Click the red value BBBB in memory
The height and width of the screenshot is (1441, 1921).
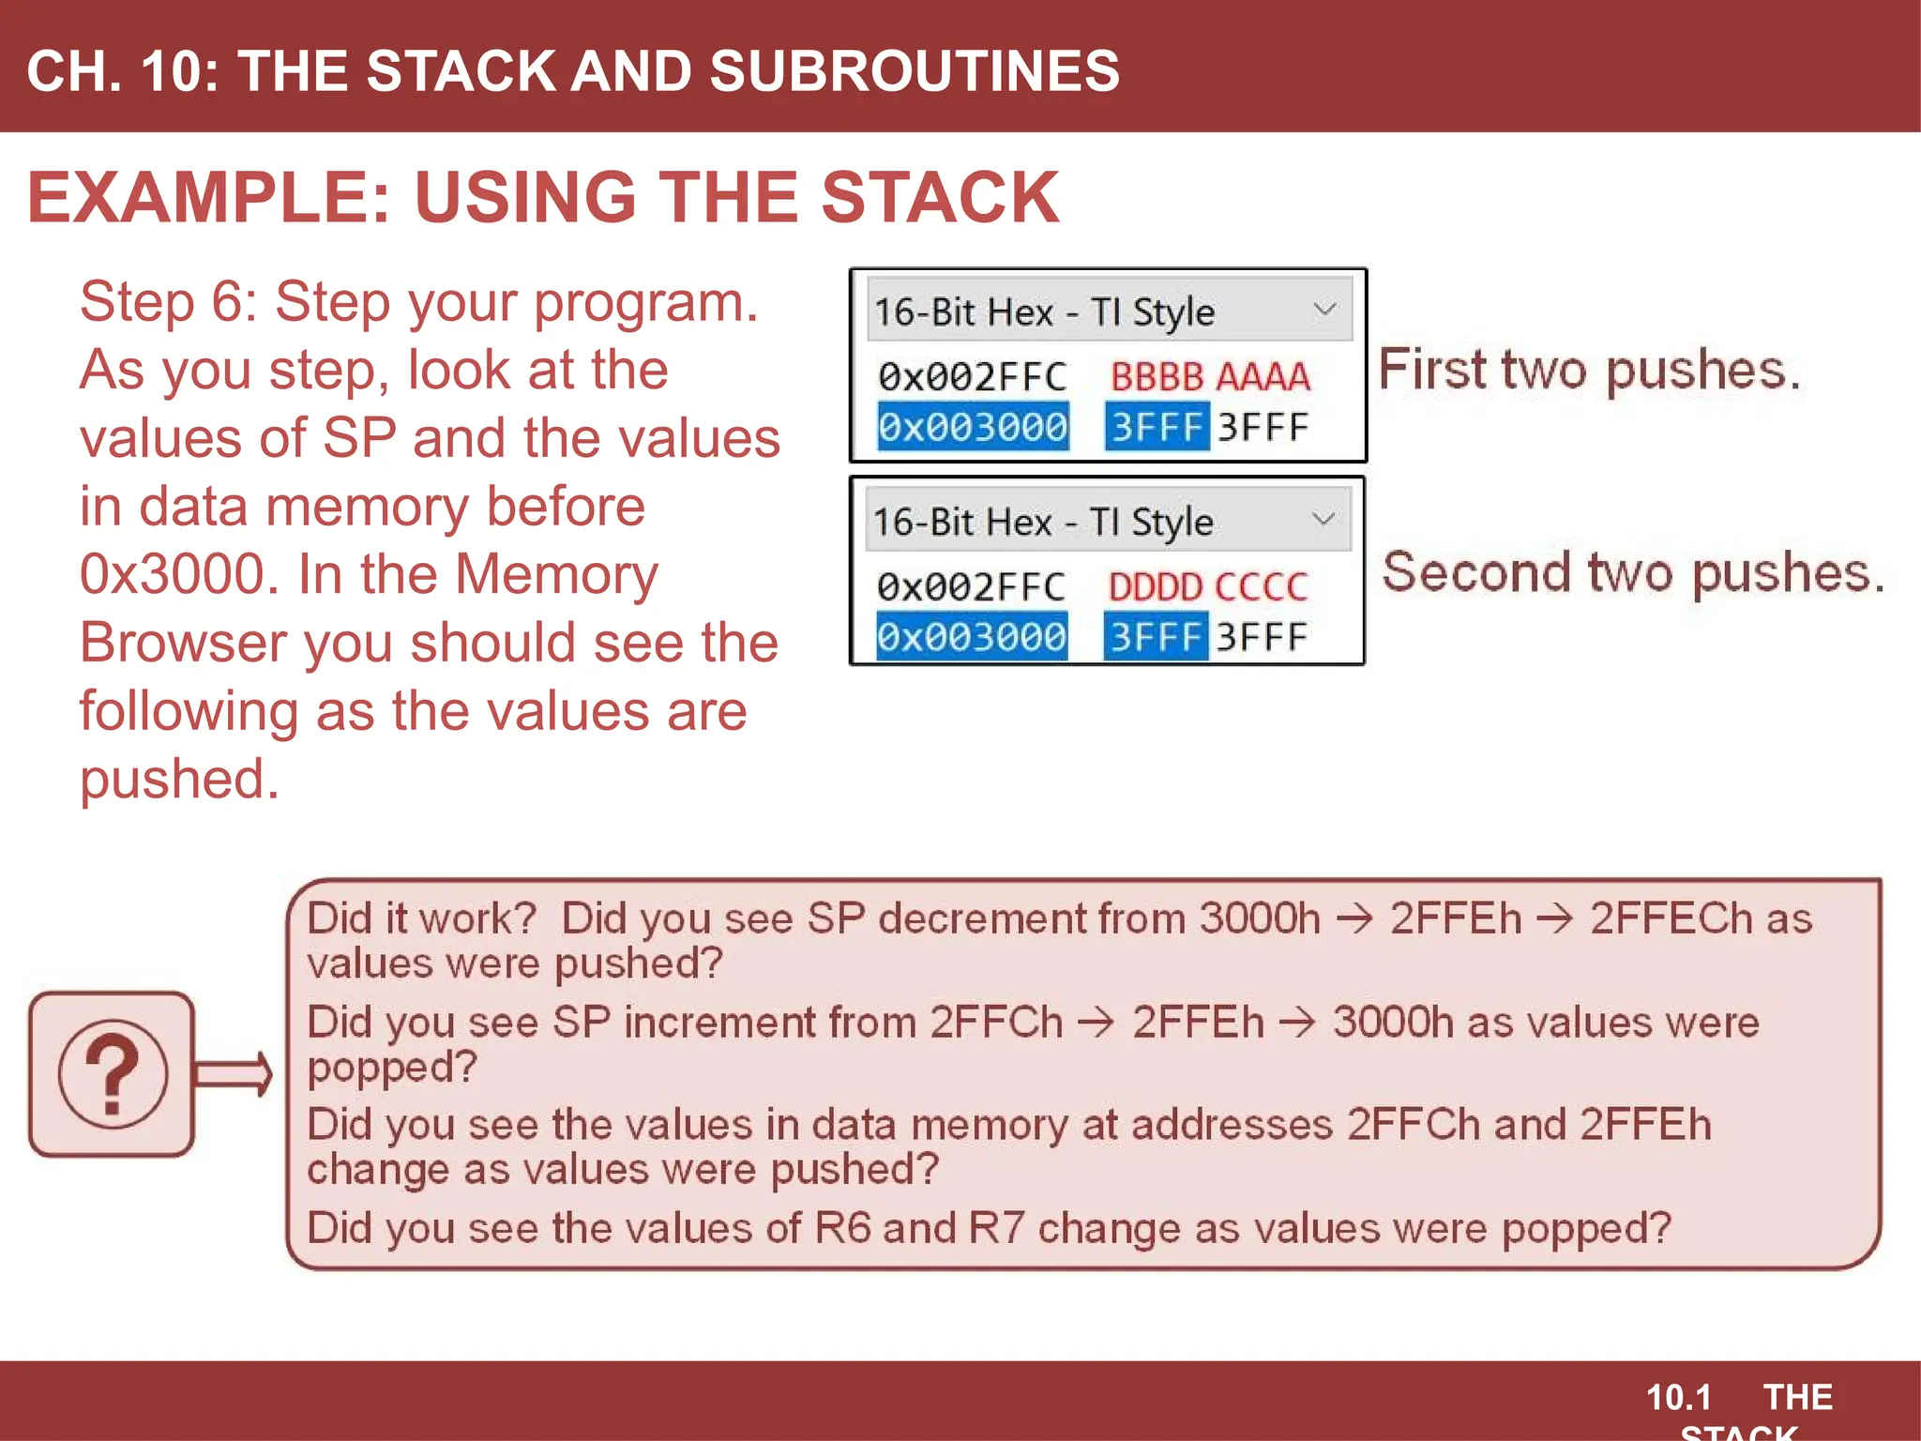tap(1157, 377)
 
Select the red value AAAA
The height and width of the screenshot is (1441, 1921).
tap(1263, 377)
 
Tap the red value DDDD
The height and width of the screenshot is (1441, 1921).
tap(1155, 587)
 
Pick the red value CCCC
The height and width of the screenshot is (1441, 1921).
tap(1261, 587)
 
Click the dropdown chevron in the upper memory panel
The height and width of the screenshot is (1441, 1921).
tap(1324, 310)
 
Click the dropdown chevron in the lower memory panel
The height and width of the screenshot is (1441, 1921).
tap(1323, 520)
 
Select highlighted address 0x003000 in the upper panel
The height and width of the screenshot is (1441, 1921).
tap(973, 428)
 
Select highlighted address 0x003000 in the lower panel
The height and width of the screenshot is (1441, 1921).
tap(972, 638)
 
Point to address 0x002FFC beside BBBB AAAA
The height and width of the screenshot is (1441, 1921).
tap(973, 377)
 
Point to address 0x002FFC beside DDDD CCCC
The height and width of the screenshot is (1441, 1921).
tap(971, 587)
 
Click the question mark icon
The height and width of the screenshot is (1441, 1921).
tap(113, 1074)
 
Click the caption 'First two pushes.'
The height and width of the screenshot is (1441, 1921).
tap(1589, 370)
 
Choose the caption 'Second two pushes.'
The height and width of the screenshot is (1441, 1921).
tap(1633, 572)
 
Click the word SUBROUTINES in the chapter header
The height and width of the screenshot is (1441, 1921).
tap(915, 71)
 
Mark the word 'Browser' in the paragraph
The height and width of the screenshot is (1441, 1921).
tap(185, 643)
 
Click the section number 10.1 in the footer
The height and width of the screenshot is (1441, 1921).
tap(1679, 1398)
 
